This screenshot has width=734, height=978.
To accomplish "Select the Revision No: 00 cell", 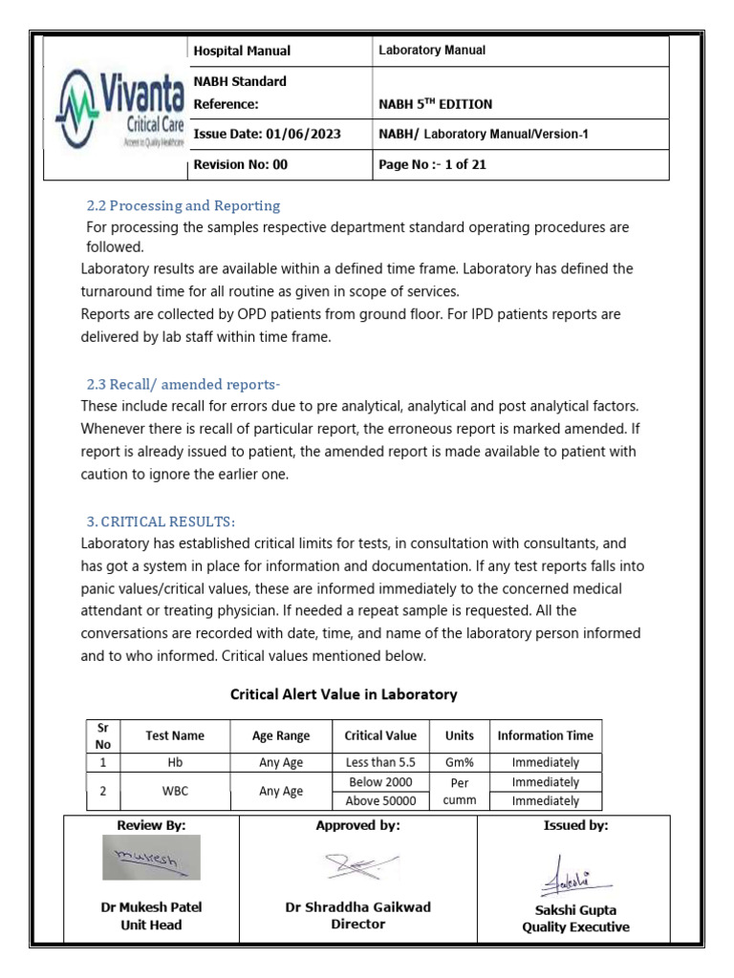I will tap(240, 164).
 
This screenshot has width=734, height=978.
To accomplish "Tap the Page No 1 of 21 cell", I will tap(433, 164).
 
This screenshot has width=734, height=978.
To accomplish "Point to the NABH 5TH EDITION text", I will tap(436, 104).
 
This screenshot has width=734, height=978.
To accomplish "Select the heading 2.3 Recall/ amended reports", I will tap(183, 385).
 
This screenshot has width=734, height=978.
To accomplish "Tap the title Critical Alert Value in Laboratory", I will tap(344, 694).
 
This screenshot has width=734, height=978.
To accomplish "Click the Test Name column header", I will tap(174, 736).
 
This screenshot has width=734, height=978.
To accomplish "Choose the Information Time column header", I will tap(545, 736).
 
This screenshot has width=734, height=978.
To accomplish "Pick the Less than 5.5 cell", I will tap(380, 763).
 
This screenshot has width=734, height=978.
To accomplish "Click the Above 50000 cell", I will tap(381, 801).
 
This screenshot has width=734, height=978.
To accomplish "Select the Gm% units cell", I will tap(452, 763).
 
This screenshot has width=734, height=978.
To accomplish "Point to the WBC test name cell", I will tap(174, 792).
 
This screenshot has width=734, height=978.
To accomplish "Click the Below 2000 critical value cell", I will tap(381, 782).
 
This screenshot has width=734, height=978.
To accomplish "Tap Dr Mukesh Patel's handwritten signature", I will tap(151, 858).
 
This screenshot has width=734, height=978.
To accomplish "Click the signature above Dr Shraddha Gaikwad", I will tap(356, 866).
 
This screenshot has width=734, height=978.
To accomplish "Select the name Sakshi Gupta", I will tap(575, 910).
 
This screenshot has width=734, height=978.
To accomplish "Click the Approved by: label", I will tap(357, 825).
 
